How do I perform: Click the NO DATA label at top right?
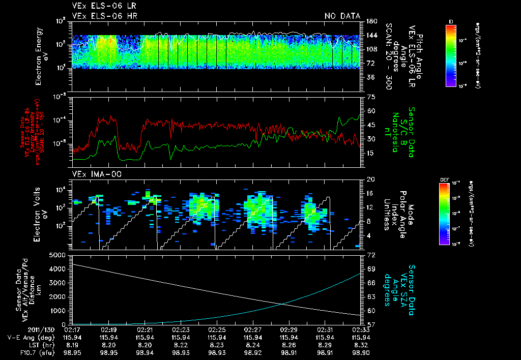[x=342, y=16]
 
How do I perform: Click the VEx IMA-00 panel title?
[x=92, y=174]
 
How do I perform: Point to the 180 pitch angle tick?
[x=370, y=21]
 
